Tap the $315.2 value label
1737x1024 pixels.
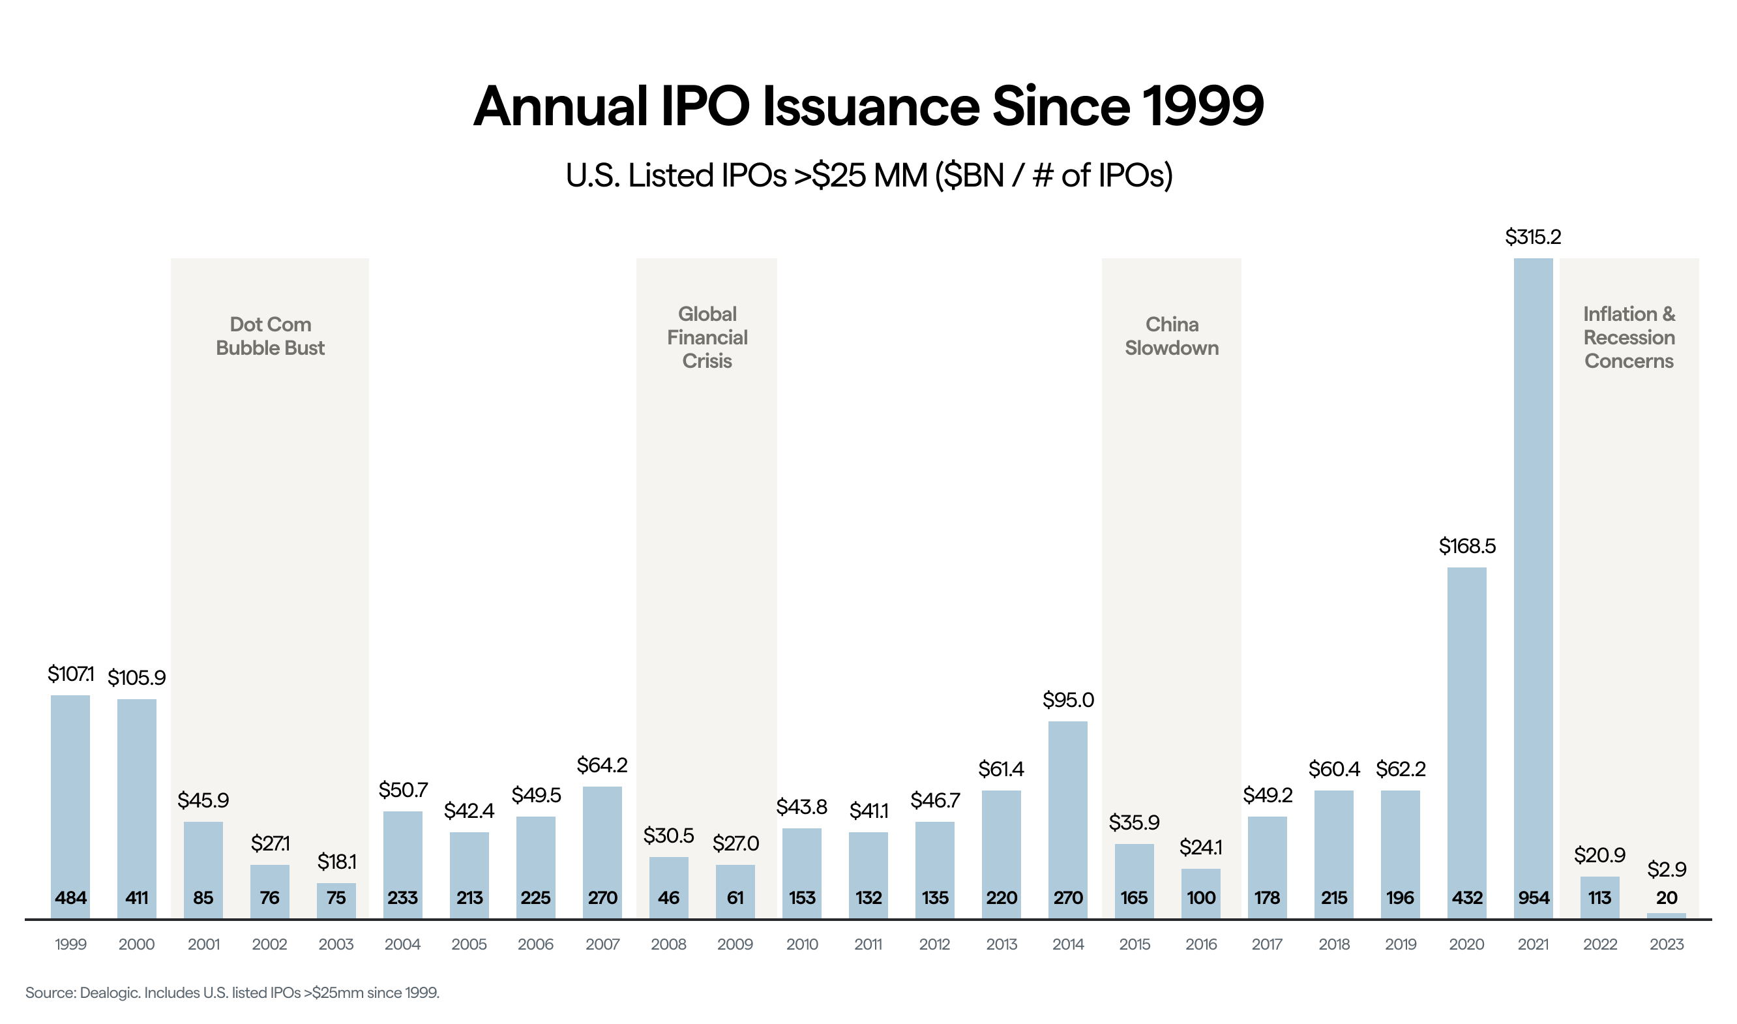tap(1533, 237)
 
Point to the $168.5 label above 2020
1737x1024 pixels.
tap(1466, 547)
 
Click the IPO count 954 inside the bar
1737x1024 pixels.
tap(1533, 897)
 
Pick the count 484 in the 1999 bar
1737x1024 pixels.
tap(70, 897)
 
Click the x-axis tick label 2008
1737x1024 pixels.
tap(668, 944)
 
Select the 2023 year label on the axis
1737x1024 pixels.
tap(1666, 944)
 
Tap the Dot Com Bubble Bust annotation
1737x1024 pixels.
tap(270, 336)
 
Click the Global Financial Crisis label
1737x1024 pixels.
tap(707, 337)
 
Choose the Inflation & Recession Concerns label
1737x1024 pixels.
tap(1629, 337)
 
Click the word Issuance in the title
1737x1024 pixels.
tap(870, 107)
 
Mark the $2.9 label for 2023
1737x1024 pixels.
tap(1666, 869)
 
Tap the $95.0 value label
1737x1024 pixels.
tap(1068, 700)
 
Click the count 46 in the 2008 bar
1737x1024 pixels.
tap(668, 897)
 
